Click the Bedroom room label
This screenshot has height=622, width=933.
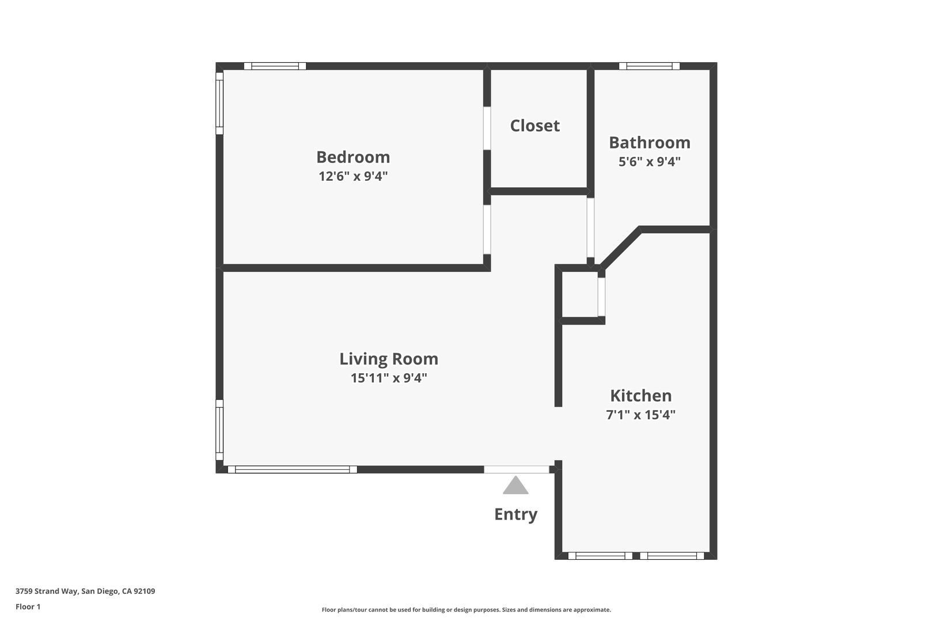(353, 157)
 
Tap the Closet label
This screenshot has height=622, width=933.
(534, 126)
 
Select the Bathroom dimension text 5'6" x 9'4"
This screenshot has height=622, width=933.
(650, 162)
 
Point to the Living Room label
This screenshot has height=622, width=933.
(389, 359)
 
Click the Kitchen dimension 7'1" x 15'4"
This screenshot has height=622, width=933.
(640, 415)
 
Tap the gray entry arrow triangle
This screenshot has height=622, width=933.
(515, 486)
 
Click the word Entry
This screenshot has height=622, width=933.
(515, 514)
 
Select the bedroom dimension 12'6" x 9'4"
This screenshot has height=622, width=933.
(353, 176)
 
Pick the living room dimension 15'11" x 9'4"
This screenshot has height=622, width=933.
(389, 378)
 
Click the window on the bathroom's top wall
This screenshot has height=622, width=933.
(649, 66)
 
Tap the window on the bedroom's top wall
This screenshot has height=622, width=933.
(275, 66)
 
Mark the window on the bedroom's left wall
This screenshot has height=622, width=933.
(219, 103)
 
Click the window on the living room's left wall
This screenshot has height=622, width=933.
(219, 430)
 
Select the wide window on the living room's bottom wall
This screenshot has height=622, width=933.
(293, 469)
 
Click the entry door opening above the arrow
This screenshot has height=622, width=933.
(516, 469)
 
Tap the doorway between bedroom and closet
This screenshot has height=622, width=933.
(487, 128)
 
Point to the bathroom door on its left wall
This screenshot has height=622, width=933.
(590, 227)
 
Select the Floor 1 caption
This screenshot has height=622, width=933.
(28, 606)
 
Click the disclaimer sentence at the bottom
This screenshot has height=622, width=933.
(466, 609)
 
